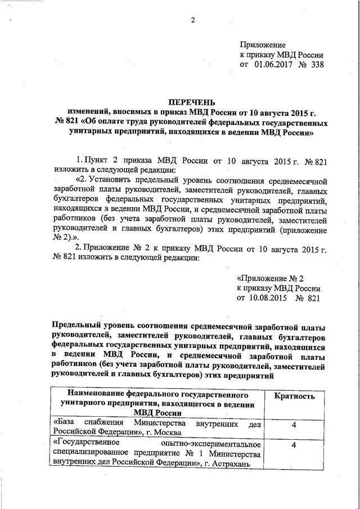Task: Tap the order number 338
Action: click(x=316, y=65)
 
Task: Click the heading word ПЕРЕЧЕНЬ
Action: click(x=190, y=102)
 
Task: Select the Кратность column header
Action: click(x=294, y=397)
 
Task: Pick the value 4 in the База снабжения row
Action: click(x=294, y=427)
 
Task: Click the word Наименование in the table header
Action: click(x=94, y=393)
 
